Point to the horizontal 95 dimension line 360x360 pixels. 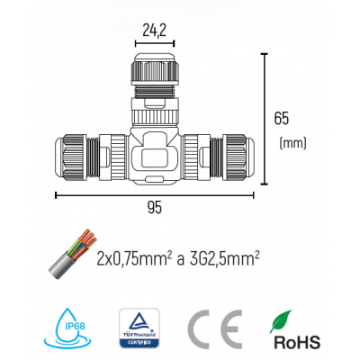coord(154,193)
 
